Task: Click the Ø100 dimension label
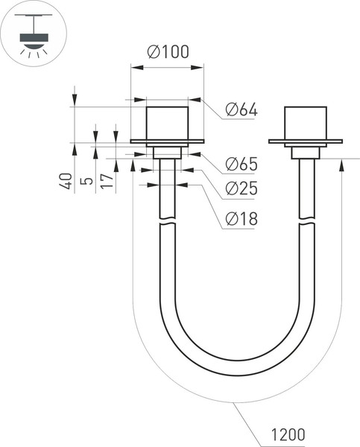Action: click(x=168, y=52)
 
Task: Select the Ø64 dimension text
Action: click(x=240, y=110)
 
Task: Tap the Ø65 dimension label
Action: click(x=240, y=164)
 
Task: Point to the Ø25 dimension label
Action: click(x=240, y=189)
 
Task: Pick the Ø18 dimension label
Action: click(x=240, y=219)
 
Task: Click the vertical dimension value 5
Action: click(x=87, y=181)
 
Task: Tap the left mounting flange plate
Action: click(x=168, y=142)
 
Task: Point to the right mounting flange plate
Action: click(x=306, y=142)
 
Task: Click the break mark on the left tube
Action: click(x=168, y=221)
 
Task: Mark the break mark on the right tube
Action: click(x=306, y=221)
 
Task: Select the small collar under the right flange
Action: click(x=306, y=152)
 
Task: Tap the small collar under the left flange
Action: click(x=168, y=152)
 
